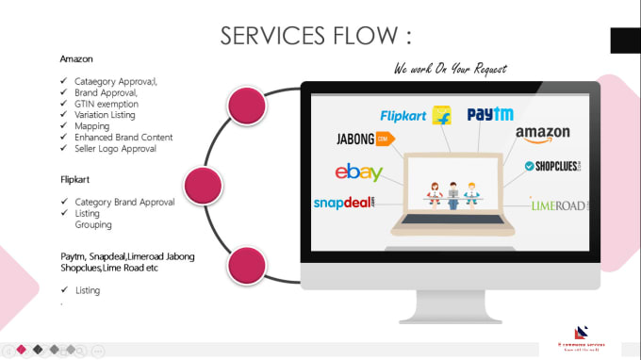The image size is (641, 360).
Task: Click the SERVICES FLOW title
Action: [316, 36]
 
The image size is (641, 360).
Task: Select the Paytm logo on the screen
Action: [489, 114]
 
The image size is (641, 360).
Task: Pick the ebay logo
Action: [358, 172]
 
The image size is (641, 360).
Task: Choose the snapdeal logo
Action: [344, 203]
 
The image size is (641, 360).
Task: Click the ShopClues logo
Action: [556, 167]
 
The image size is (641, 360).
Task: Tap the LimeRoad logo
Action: [559, 204]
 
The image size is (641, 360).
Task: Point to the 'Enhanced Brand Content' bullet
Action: [123, 138]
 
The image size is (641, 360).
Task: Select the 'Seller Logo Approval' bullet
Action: [115, 149]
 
